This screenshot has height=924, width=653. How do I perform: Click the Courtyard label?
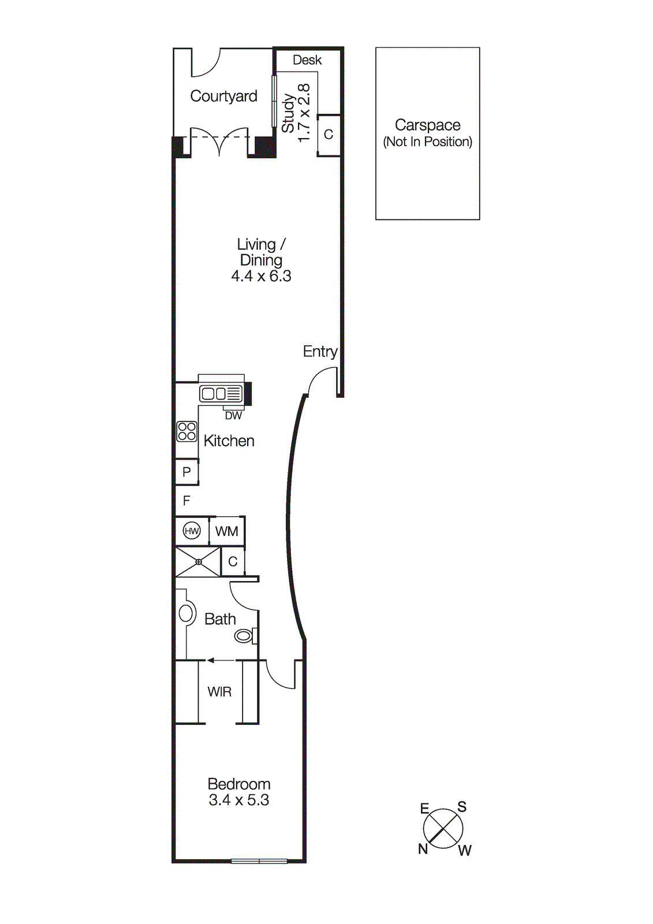point(223,96)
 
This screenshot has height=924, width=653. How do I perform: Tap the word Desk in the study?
point(307,60)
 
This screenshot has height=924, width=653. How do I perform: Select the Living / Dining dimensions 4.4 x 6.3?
point(261,276)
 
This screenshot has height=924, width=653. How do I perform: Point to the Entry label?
point(320,351)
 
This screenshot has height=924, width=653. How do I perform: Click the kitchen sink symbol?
point(221,394)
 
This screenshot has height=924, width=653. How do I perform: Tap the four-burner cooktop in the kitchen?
point(186,431)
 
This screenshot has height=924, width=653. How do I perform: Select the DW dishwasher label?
point(233,416)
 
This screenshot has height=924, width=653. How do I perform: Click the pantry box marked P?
point(186,472)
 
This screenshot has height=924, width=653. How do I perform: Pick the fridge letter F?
point(186,501)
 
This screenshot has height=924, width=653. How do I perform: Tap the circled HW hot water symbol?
point(192,531)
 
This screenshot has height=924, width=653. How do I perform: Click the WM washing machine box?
point(226,531)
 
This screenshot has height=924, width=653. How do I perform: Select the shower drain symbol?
point(198,561)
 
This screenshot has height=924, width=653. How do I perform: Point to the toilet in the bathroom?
point(244,636)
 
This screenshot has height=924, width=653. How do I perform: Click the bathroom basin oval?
point(186,613)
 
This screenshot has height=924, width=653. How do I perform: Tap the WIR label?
point(219,692)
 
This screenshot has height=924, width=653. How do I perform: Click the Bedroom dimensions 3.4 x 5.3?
point(239,800)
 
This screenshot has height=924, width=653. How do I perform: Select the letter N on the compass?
point(423,848)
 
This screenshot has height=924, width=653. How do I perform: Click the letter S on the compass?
point(462,807)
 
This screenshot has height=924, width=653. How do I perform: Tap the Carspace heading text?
point(427,125)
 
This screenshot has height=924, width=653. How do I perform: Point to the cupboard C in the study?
point(329,135)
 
